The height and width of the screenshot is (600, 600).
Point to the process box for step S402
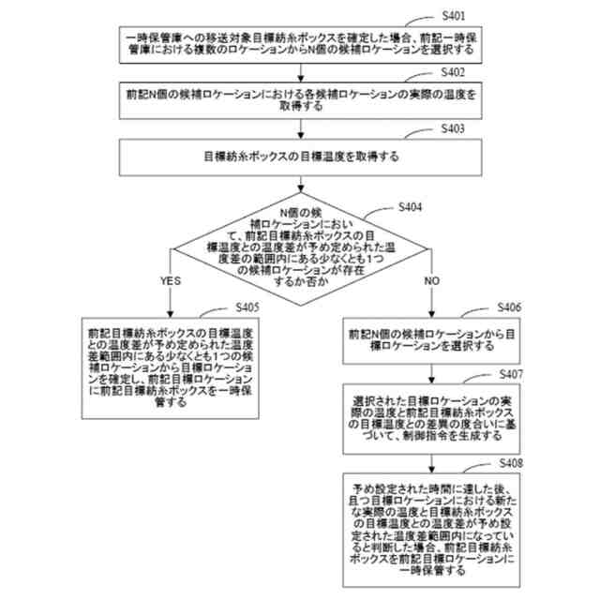pyautogui.click(x=300, y=101)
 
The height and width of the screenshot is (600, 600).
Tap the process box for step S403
pyautogui.click(x=300, y=156)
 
